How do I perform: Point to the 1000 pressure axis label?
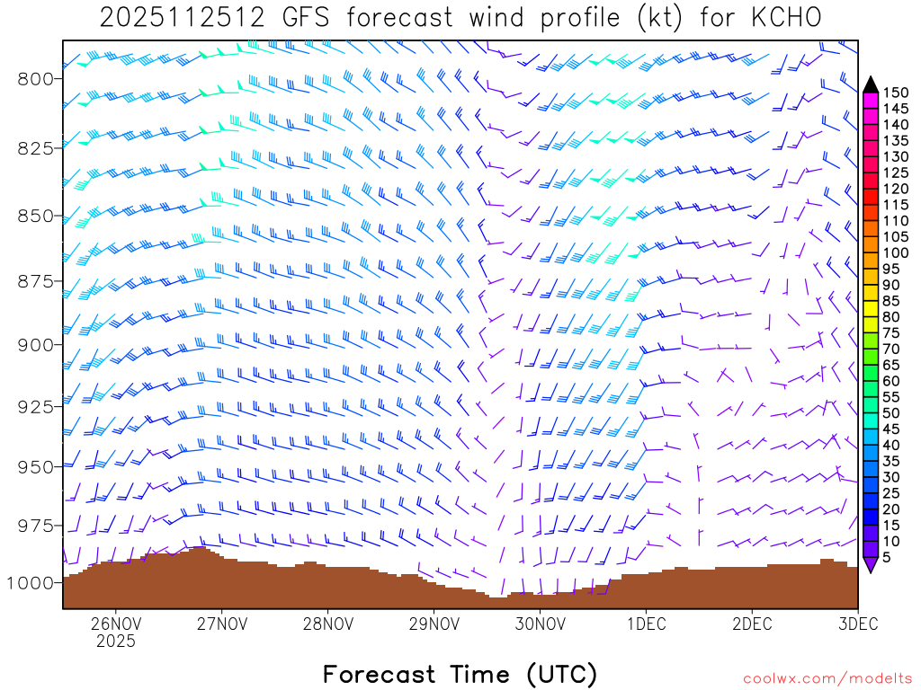click(x=31, y=582)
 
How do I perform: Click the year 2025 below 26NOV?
click(x=116, y=641)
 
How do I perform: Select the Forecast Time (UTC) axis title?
click(x=460, y=674)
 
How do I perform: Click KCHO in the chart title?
click(x=783, y=18)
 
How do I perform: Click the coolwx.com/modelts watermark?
click(x=827, y=678)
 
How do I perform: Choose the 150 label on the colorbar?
click(x=896, y=93)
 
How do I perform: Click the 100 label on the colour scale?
click(x=896, y=252)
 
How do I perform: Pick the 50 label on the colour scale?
click(x=891, y=412)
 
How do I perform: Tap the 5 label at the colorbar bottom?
click(x=887, y=557)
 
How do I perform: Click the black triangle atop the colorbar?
click(x=871, y=84)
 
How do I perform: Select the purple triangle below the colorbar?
click(x=871, y=565)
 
